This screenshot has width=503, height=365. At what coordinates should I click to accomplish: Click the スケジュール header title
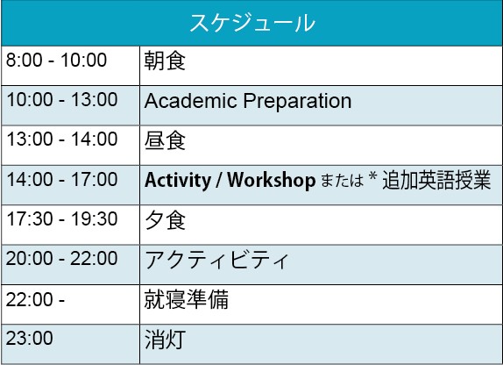point(252,23)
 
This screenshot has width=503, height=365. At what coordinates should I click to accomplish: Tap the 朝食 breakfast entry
point(165,61)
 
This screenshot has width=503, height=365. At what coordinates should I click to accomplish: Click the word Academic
point(190,101)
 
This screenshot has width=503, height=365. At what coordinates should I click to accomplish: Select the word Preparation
point(297,102)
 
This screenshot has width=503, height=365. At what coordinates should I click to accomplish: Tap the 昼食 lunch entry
point(165,140)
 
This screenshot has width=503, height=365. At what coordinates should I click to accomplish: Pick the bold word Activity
point(178,181)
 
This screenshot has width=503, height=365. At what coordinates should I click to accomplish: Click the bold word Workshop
point(272,180)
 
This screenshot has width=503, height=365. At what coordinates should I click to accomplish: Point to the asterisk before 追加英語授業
point(372,175)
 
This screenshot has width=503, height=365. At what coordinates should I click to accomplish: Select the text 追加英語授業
point(436,180)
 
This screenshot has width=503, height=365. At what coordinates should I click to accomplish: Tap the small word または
point(342,180)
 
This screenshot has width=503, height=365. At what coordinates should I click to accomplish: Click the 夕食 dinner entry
point(165,220)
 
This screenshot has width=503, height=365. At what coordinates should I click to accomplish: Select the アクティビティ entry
point(216,260)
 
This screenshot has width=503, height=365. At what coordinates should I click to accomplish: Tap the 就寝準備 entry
point(186,299)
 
